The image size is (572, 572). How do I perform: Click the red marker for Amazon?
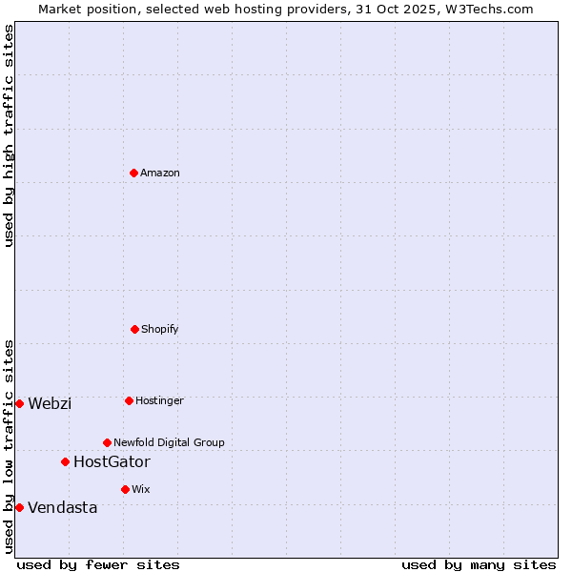133,173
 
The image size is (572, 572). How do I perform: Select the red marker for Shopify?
134,329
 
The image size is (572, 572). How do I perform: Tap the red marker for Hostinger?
129,400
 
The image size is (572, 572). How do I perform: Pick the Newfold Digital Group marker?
107,442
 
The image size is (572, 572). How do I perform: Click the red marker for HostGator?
65,461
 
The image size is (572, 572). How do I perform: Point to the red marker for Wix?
125,489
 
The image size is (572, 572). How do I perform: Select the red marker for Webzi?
19,403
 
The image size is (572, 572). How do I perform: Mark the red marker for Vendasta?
19,507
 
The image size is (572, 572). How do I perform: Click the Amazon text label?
160,173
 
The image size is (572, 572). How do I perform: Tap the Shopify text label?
160,329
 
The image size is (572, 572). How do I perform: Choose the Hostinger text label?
159,400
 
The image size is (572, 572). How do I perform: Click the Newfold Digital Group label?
169,442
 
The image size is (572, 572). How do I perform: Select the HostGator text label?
112,461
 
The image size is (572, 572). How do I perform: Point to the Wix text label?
141,489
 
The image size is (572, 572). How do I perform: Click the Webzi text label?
50,403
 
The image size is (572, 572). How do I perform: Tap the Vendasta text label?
62,507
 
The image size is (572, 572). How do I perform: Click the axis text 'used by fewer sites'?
98,564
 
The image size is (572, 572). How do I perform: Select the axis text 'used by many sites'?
479,564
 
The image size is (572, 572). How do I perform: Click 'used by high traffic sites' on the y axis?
9,135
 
